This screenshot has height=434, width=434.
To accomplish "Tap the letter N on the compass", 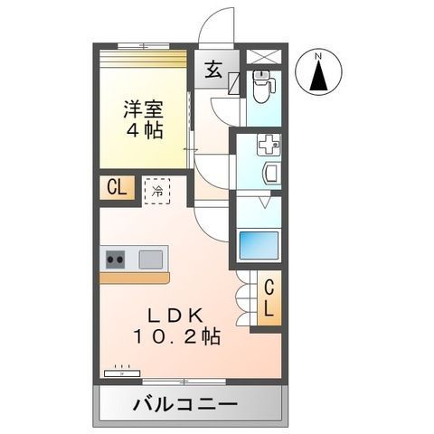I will tap(317, 56).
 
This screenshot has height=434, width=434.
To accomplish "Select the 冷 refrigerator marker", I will tap(156, 191).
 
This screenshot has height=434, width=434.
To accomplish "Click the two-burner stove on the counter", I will tap(116, 260).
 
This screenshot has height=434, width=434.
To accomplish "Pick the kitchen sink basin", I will tap(150, 259).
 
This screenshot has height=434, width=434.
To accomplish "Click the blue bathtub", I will tap(259, 245).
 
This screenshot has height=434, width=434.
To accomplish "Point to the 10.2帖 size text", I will tap(181, 337).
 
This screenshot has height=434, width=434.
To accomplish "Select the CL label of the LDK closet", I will tap(269, 298).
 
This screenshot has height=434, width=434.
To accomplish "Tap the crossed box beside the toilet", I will tap(263, 56).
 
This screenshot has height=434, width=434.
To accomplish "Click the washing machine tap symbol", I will tap(268, 142).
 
